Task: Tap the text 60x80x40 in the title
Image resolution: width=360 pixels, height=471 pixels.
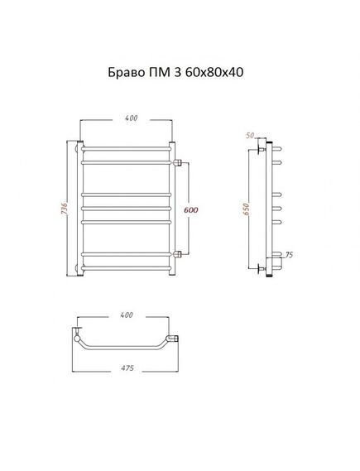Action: [214, 72]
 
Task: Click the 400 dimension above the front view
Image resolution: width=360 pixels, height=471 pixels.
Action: [132, 118]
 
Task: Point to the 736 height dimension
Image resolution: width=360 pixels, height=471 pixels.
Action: [64, 209]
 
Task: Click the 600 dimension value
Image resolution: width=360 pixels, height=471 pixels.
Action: [191, 210]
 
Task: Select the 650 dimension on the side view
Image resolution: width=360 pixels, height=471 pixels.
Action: [246, 209]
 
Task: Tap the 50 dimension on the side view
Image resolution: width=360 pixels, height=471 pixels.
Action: [250, 136]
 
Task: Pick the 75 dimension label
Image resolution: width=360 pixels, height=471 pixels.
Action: [289, 255]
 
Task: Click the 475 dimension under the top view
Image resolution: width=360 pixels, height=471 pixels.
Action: [127, 368]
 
